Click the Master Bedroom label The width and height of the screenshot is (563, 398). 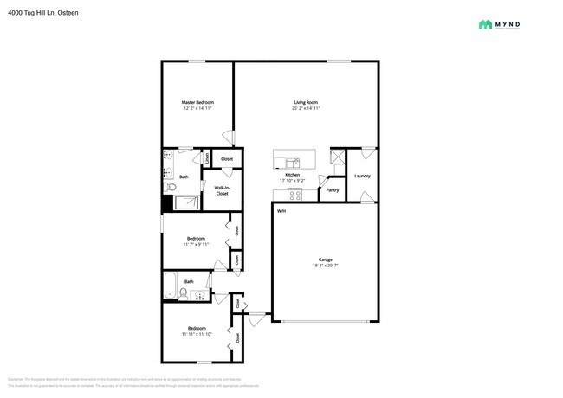(x=197, y=103)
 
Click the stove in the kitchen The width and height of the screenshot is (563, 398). (x=294, y=194)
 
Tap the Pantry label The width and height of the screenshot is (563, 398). (x=332, y=189)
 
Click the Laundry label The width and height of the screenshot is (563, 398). (x=362, y=177)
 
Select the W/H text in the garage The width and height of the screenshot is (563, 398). (x=281, y=211)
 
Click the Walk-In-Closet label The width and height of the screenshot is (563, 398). (x=222, y=190)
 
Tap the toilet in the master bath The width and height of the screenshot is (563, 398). (x=171, y=186)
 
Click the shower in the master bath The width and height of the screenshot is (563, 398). (x=186, y=203)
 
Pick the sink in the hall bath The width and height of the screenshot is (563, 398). (x=200, y=296)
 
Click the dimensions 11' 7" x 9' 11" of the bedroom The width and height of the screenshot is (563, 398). (x=197, y=245)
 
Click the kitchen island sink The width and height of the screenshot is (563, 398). (x=292, y=161)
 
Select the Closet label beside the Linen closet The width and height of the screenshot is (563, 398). (x=227, y=159)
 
